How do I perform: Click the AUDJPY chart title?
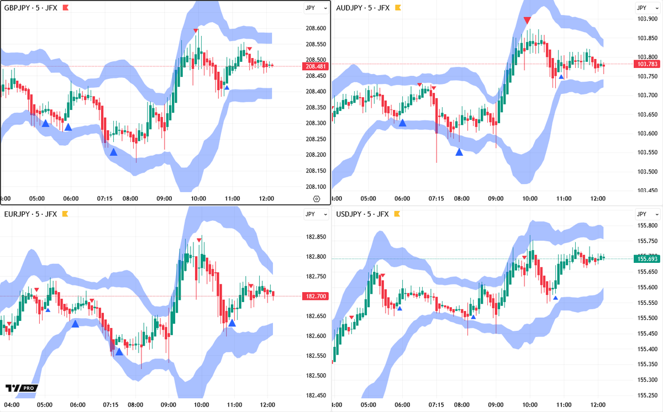coord(363,8)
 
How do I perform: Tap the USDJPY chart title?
coord(362,214)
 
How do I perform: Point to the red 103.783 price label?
coord(648,64)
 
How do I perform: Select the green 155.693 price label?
coord(648,258)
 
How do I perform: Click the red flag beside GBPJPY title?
coord(65,8)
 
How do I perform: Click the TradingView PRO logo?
coord(22,388)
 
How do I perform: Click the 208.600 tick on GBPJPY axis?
coord(317,28)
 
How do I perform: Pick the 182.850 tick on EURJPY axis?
coord(317,237)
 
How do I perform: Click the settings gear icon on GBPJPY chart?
coord(316,199)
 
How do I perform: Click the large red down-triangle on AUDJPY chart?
coord(527,20)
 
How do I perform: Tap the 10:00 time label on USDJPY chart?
coord(530,405)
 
